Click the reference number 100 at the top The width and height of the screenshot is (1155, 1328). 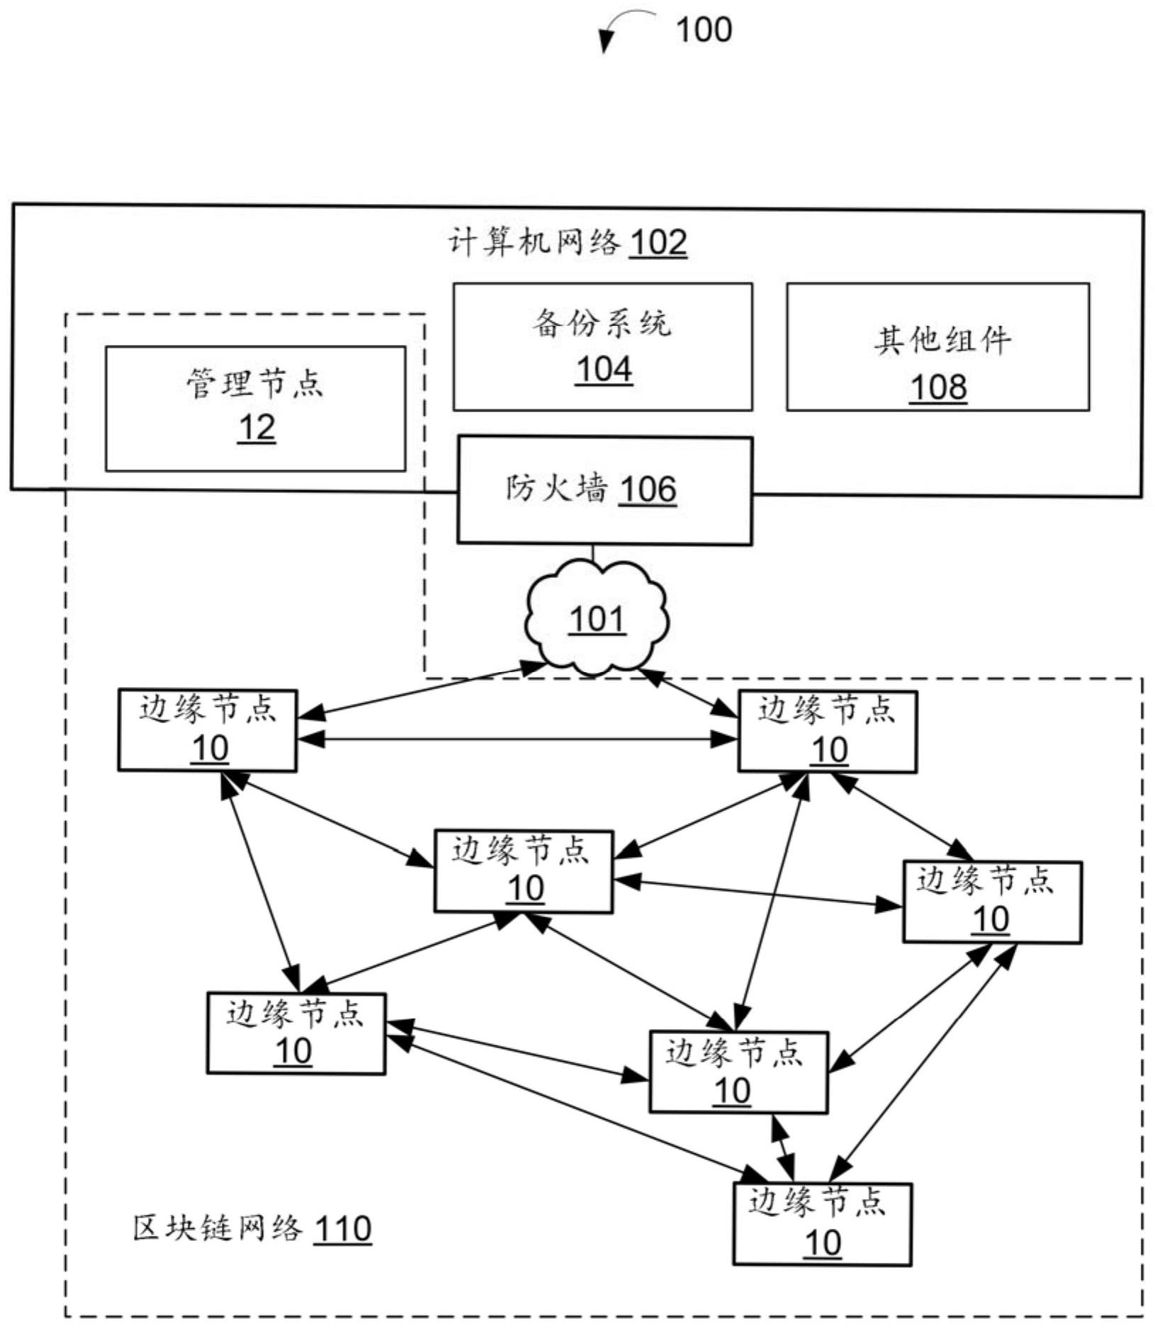(x=703, y=30)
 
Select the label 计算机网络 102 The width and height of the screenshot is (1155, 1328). (x=568, y=243)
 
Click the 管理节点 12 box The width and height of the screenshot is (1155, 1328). (x=255, y=409)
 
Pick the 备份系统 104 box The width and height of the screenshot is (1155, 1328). (x=602, y=346)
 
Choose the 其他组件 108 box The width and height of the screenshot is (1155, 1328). (x=937, y=346)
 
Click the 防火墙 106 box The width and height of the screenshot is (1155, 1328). (x=604, y=490)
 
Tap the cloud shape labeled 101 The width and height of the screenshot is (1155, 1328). (x=596, y=618)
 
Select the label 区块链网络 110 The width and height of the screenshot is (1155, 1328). (x=252, y=1229)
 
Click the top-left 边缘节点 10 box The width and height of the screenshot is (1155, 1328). (x=207, y=730)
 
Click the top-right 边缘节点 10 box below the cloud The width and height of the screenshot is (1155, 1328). (x=827, y=732)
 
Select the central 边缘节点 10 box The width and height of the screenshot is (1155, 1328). (x=523, y=871)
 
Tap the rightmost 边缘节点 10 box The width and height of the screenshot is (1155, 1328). (x=991, y=902)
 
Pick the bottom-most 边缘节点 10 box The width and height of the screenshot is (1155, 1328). (x=822, y=1225)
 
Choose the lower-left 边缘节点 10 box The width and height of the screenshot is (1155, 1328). (x=295, y=1033)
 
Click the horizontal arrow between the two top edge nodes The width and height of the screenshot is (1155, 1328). (x=517, y=739)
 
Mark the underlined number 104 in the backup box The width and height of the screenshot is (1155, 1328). (x=603, y=370)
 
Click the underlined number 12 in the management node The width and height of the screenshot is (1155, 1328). (x=257, y=429)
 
